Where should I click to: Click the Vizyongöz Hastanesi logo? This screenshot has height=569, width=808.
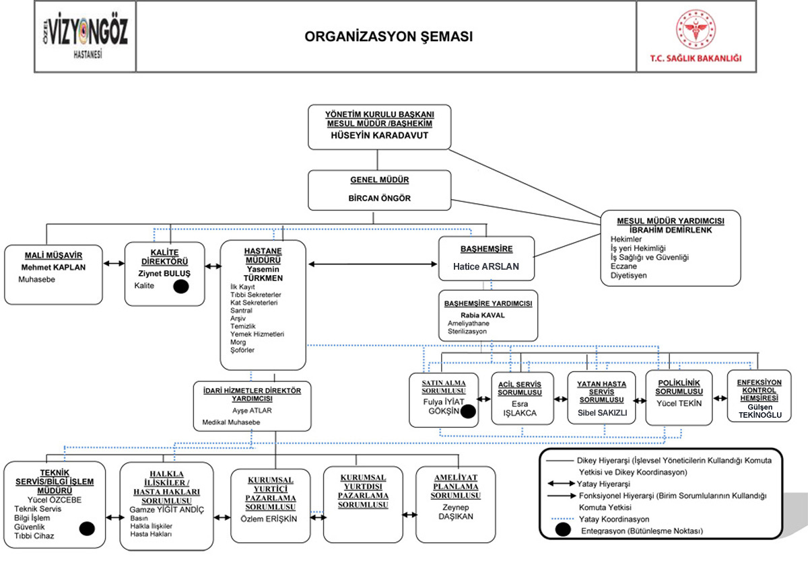[x=85, y=36]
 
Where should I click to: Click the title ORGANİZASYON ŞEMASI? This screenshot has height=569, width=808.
[x=389, y=37]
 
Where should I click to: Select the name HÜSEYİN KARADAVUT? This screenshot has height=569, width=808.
[x=379, y=135]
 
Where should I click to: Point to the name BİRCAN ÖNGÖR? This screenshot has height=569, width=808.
[x=379, y=198]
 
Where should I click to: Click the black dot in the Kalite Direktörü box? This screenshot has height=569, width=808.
[x=180, y=287]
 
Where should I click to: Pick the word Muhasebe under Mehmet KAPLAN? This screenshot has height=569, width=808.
[x=37, y=279]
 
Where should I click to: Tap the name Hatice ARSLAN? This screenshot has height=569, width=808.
[x=486, y=266]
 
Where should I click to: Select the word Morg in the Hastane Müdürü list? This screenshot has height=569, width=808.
[x=238, y=342]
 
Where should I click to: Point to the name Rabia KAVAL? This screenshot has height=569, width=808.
[x=482, y=315]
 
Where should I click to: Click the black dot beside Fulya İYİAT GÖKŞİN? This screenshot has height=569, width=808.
[x=469, y=412]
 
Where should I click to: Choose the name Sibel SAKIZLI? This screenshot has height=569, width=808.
[x=601, y=413]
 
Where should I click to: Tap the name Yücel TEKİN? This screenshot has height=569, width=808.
[x=679, y=404]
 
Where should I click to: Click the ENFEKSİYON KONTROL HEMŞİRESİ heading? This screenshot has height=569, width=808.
[x=759, y=390]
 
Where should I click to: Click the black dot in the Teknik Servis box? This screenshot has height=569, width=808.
[x=87, y=529]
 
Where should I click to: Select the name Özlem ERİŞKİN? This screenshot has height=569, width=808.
[x=269, y=519]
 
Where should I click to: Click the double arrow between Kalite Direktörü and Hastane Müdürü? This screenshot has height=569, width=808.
[x=213, y=266]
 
